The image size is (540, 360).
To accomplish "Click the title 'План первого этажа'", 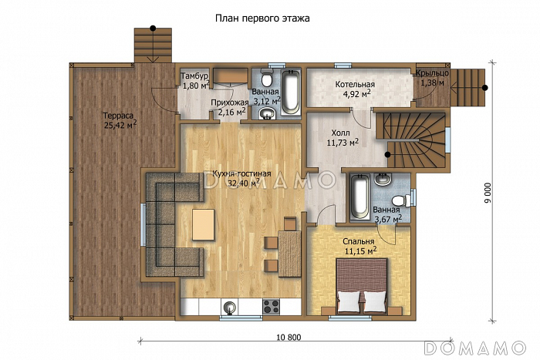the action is pos(262,19).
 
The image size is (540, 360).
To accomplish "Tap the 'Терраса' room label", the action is pos(118,116).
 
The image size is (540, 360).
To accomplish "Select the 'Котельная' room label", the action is pos(355,84).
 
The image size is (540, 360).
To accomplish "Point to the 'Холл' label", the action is pos(340,133).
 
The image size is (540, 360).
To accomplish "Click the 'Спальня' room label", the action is pos(359,241).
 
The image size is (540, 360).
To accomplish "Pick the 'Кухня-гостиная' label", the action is pos(241,173).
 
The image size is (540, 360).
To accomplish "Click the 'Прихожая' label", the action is pos(229,103).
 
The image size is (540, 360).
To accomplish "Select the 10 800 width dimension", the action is pos(289,338).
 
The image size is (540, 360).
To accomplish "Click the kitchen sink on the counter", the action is pos(230,306).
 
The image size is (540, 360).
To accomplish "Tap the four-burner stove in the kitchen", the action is pos(272,306).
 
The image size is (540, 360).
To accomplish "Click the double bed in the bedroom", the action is pos(362,286).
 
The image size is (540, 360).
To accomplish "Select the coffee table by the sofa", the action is pos(203,225).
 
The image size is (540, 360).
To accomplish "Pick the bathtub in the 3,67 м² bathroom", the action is pos(360,196).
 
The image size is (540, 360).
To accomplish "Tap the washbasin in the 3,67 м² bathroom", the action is pos(383,179).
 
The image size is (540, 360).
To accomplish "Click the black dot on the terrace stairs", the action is pos(153,29).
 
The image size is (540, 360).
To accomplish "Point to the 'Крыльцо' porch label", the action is pos(432,73).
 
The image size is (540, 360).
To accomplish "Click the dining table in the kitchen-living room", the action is pos(289,254).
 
